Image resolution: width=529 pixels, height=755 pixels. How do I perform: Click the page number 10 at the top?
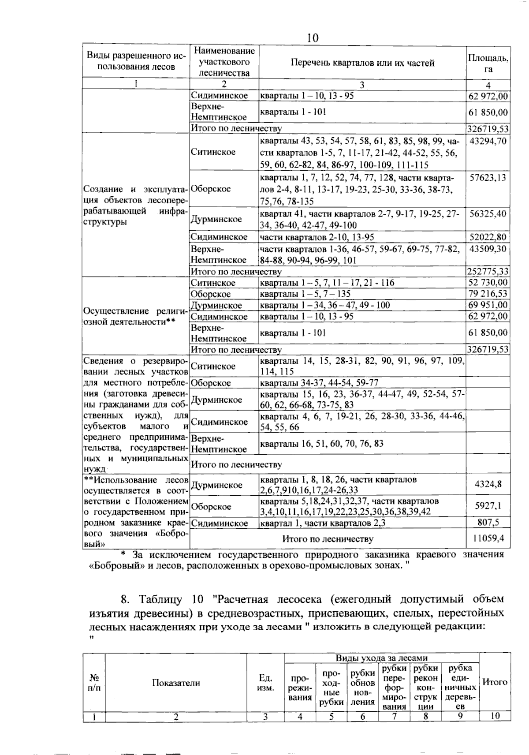312,38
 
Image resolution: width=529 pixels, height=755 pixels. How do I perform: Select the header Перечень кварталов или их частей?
362,63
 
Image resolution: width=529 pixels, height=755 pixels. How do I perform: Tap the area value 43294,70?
488,141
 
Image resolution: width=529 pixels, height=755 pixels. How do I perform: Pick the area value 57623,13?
488,178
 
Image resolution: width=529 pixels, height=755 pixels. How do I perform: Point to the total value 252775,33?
488,271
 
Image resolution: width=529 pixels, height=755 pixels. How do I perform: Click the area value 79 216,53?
488,294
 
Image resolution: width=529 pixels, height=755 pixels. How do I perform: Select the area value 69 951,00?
488,305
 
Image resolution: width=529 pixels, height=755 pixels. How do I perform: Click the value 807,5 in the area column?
488,523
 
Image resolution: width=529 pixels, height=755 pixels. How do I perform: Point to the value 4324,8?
488,484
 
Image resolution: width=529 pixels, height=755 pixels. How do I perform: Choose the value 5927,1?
488,506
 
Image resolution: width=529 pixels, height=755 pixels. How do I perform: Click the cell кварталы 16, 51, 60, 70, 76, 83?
322,443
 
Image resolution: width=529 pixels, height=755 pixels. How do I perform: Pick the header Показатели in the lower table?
176,683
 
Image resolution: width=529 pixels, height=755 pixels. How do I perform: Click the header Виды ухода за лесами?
381,658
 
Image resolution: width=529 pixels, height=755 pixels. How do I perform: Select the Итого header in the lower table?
495,682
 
